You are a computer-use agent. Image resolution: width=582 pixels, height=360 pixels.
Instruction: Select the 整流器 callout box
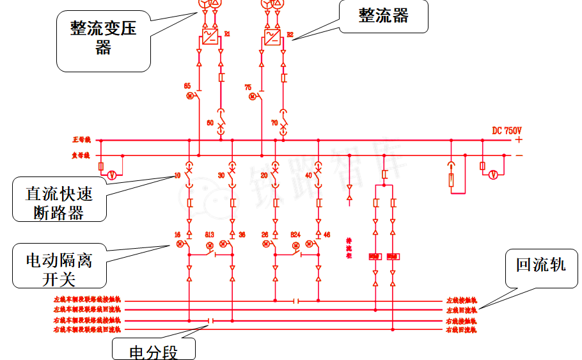[x=383, y=16]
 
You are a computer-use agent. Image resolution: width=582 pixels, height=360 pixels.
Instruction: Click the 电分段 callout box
[x=153, y=350]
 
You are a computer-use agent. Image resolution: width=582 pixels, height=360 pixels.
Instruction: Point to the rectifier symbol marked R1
[x=210, y=37]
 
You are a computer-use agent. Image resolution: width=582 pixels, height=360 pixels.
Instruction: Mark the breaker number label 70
[x=274, y=122]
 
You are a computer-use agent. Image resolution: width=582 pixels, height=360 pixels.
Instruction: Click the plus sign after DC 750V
[x=519, y=139]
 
